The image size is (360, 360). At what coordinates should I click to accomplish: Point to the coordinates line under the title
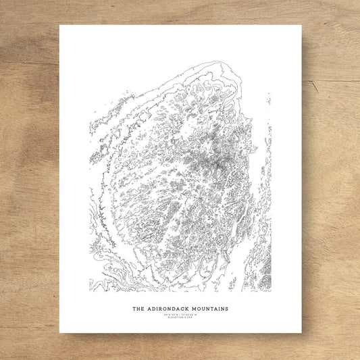[180, 315]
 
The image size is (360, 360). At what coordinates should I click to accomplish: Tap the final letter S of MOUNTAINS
[226, 309]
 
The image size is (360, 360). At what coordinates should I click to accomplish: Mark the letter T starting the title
[133, 309]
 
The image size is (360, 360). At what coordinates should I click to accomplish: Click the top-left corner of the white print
[59, 26]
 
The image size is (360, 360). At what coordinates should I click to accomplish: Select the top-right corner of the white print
[301, 26]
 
